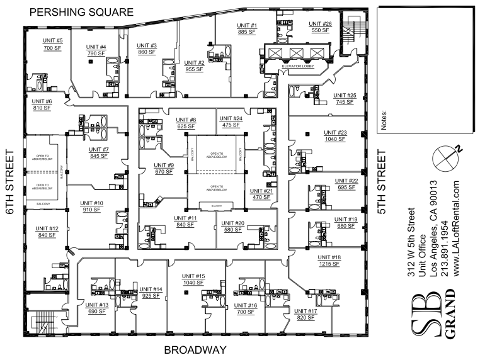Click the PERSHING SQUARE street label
(82, 12)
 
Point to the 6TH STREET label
(10, 183)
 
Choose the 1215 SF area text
(329, 264)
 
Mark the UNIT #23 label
(335, 132)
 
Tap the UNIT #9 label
(164, 165)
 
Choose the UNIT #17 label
(306, 312)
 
